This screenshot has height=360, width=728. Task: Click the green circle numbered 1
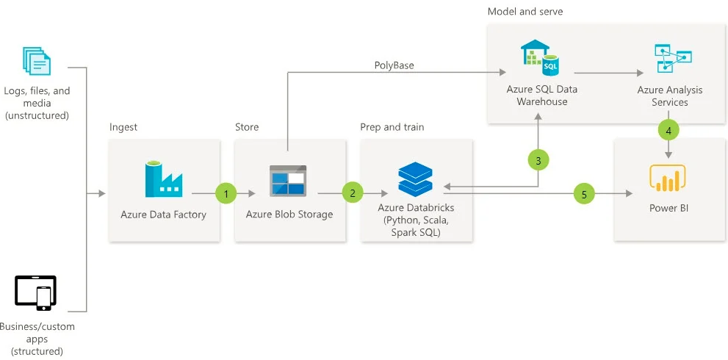click(226, 194)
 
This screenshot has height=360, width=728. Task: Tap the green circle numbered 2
click(353, 192)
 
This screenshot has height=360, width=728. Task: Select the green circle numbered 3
click(538, 161)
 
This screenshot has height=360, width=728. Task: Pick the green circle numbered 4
click(668, 131)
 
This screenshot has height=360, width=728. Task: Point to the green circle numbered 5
click(584, 194)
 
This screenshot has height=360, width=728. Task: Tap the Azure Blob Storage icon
click(288, 181)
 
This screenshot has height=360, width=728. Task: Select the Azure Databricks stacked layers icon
click(416, 179)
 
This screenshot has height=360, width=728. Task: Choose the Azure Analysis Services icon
click(673, 58)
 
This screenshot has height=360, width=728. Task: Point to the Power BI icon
click(668, 179)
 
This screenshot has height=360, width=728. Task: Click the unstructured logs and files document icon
click(37, 60)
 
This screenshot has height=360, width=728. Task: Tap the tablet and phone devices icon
click(35, 293)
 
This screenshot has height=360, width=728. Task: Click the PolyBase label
click(394, 65)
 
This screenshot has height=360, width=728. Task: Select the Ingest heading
click(123, 127)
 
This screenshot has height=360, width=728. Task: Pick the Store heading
click(247, 127)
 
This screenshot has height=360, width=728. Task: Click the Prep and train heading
click(392, 127)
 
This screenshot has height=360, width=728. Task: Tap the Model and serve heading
click(525, 11)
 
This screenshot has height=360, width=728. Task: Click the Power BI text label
click(668, 208)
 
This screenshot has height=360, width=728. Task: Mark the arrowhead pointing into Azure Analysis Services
click(641, 73)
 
